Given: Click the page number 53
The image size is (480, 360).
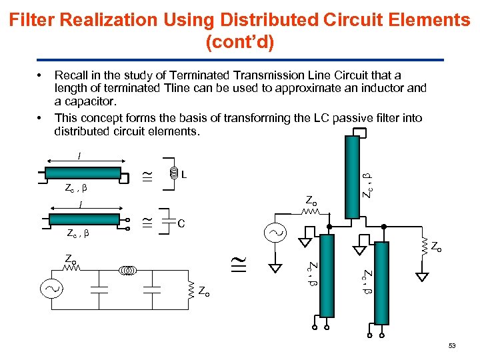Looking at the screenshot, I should [451, 346].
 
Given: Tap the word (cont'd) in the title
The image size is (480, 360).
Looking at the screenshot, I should [239, 42].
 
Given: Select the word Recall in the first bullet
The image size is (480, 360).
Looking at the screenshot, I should [72, 75].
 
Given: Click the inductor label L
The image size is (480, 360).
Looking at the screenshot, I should [183, 176].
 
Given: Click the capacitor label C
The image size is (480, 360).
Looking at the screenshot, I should [181, 223].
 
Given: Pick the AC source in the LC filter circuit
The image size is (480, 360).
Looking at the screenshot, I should [51, 289].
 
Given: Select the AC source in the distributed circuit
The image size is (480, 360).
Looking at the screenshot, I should [275, 233].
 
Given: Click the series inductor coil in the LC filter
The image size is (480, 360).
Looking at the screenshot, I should [128, 271].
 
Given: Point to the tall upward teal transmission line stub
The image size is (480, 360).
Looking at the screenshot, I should [350, 176].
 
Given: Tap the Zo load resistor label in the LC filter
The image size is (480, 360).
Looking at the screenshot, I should [203, 291].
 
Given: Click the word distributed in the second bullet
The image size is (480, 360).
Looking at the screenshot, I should [87, 131].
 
